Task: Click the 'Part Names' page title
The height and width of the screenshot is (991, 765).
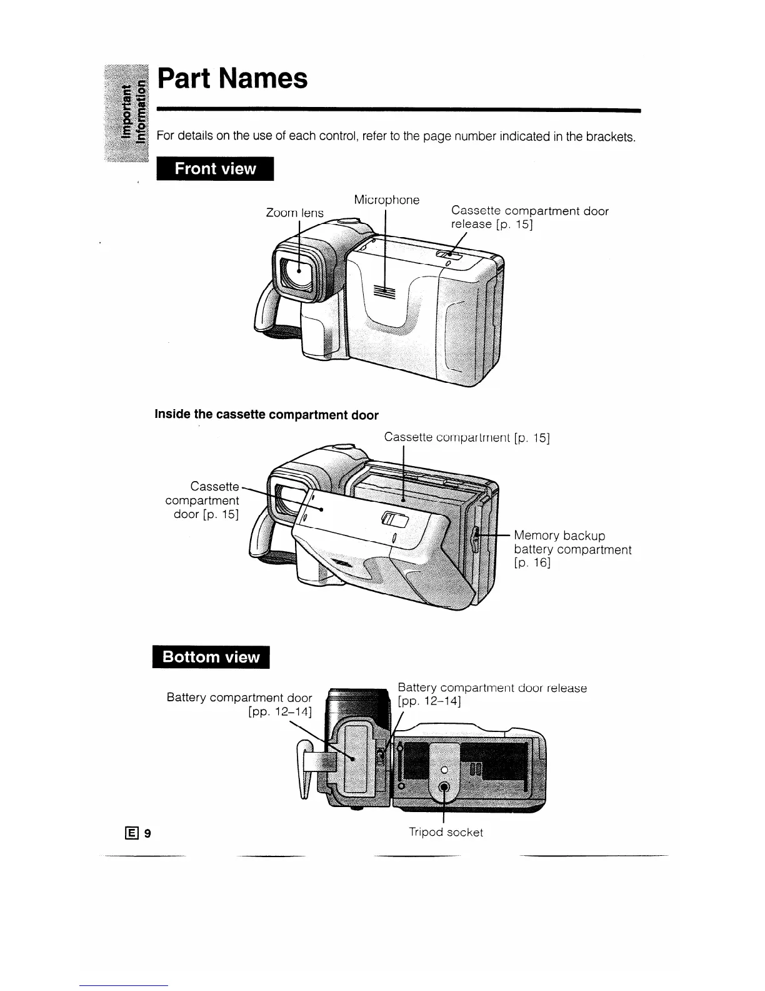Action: [232, 79]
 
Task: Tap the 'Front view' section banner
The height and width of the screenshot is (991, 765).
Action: [215, 169]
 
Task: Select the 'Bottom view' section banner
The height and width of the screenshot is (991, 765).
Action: [211, 657]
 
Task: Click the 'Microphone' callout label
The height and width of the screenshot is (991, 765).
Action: [386, 200]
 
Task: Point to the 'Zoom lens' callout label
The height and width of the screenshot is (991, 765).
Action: [294, 213]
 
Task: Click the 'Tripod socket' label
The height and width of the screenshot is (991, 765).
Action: [446, 833]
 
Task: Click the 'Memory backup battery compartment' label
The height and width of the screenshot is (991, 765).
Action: [572, 549]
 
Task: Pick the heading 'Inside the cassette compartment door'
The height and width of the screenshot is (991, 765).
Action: [266, 415]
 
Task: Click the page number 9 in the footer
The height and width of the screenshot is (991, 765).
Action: [148, 833]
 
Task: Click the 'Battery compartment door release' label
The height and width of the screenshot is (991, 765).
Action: [492, 694]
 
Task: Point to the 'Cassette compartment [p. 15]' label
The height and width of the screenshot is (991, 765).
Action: [467, 437]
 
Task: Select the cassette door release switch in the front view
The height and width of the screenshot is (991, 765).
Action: [449, 253]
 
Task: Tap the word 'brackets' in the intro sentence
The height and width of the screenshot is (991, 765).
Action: [610, 136]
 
